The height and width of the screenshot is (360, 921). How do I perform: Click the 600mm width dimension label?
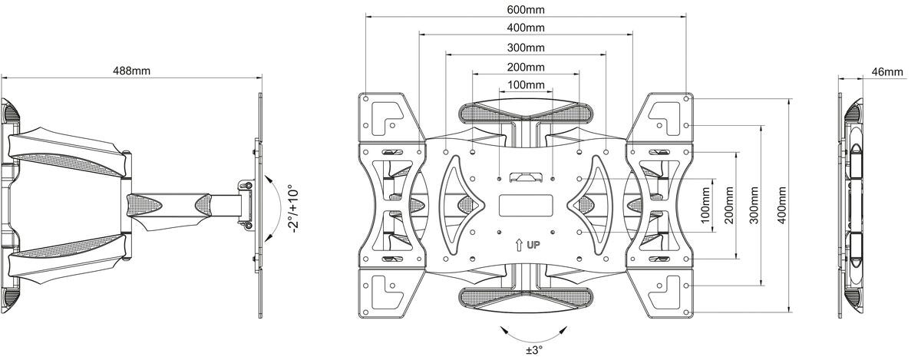pos(526,10)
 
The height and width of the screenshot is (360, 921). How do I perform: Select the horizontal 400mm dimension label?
pos(526,28)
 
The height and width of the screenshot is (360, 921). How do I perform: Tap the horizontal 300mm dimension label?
pos(526,47)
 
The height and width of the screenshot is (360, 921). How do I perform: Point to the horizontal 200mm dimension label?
pos(526,67)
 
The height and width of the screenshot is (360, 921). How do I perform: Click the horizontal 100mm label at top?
pos(526,84)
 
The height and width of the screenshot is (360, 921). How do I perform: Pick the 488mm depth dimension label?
pos(131,70)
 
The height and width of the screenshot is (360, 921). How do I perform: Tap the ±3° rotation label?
pos(534,350)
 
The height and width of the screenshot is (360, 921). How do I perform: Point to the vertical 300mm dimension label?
pos(755,205)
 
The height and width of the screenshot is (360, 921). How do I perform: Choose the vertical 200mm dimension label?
pos(730,205)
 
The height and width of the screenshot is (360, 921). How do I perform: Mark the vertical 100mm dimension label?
pos(706,205)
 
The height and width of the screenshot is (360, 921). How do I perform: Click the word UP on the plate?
pos(533,246)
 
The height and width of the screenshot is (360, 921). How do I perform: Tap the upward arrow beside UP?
pos(519,246)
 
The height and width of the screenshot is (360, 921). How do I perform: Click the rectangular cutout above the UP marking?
pos(526,206)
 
